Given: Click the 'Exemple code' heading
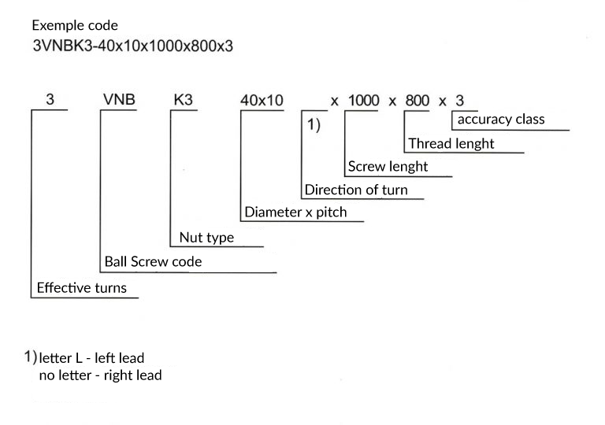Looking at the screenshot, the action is pyautogui.click(x=75, y=25).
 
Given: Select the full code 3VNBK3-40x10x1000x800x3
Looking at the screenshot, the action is pyautogui.click(x=132, y=46).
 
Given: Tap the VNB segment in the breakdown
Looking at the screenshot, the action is pyautogui.click(x=119, y=99).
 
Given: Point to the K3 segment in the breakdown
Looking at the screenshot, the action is pyautogui.click(x=183, y=99).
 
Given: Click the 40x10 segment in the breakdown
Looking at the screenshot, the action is pyautogui.click(x=262, y=100).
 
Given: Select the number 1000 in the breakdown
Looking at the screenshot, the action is pyautogui.click(x=363, y=101).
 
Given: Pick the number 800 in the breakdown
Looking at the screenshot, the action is pyautogui.click(x=417, y=101).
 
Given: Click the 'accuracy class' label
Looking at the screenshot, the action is pyautogui.click(x=501, y=119).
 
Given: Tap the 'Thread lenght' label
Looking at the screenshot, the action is pyautogui.click(x=451, y=143).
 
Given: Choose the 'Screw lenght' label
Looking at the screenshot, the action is pyautogui.click(x=388, y=167).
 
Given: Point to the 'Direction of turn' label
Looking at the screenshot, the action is pyautogui.click(x=356, y=190).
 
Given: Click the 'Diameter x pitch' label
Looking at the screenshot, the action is pyautogui.click(x=295, y=213).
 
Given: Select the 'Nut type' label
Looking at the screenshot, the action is pyautogui.click(x=207, y=238).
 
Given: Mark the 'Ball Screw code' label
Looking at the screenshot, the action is pyautogui.click(x=153, y=261).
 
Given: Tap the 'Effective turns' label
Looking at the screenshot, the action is pyautogui.click(x=82, y=288).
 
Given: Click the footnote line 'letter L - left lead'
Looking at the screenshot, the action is pyautogui.click(x=91, y=358).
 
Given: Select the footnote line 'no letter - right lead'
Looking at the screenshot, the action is pyautogui.click(x=100, y=375).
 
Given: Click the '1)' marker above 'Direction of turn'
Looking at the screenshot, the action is pyautogui.click(x=314, y=125).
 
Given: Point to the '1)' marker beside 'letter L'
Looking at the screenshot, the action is pyautogui.click(x=31, y=357).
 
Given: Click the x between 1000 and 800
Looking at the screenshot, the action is pyautogui.click(x=392, y=102).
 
